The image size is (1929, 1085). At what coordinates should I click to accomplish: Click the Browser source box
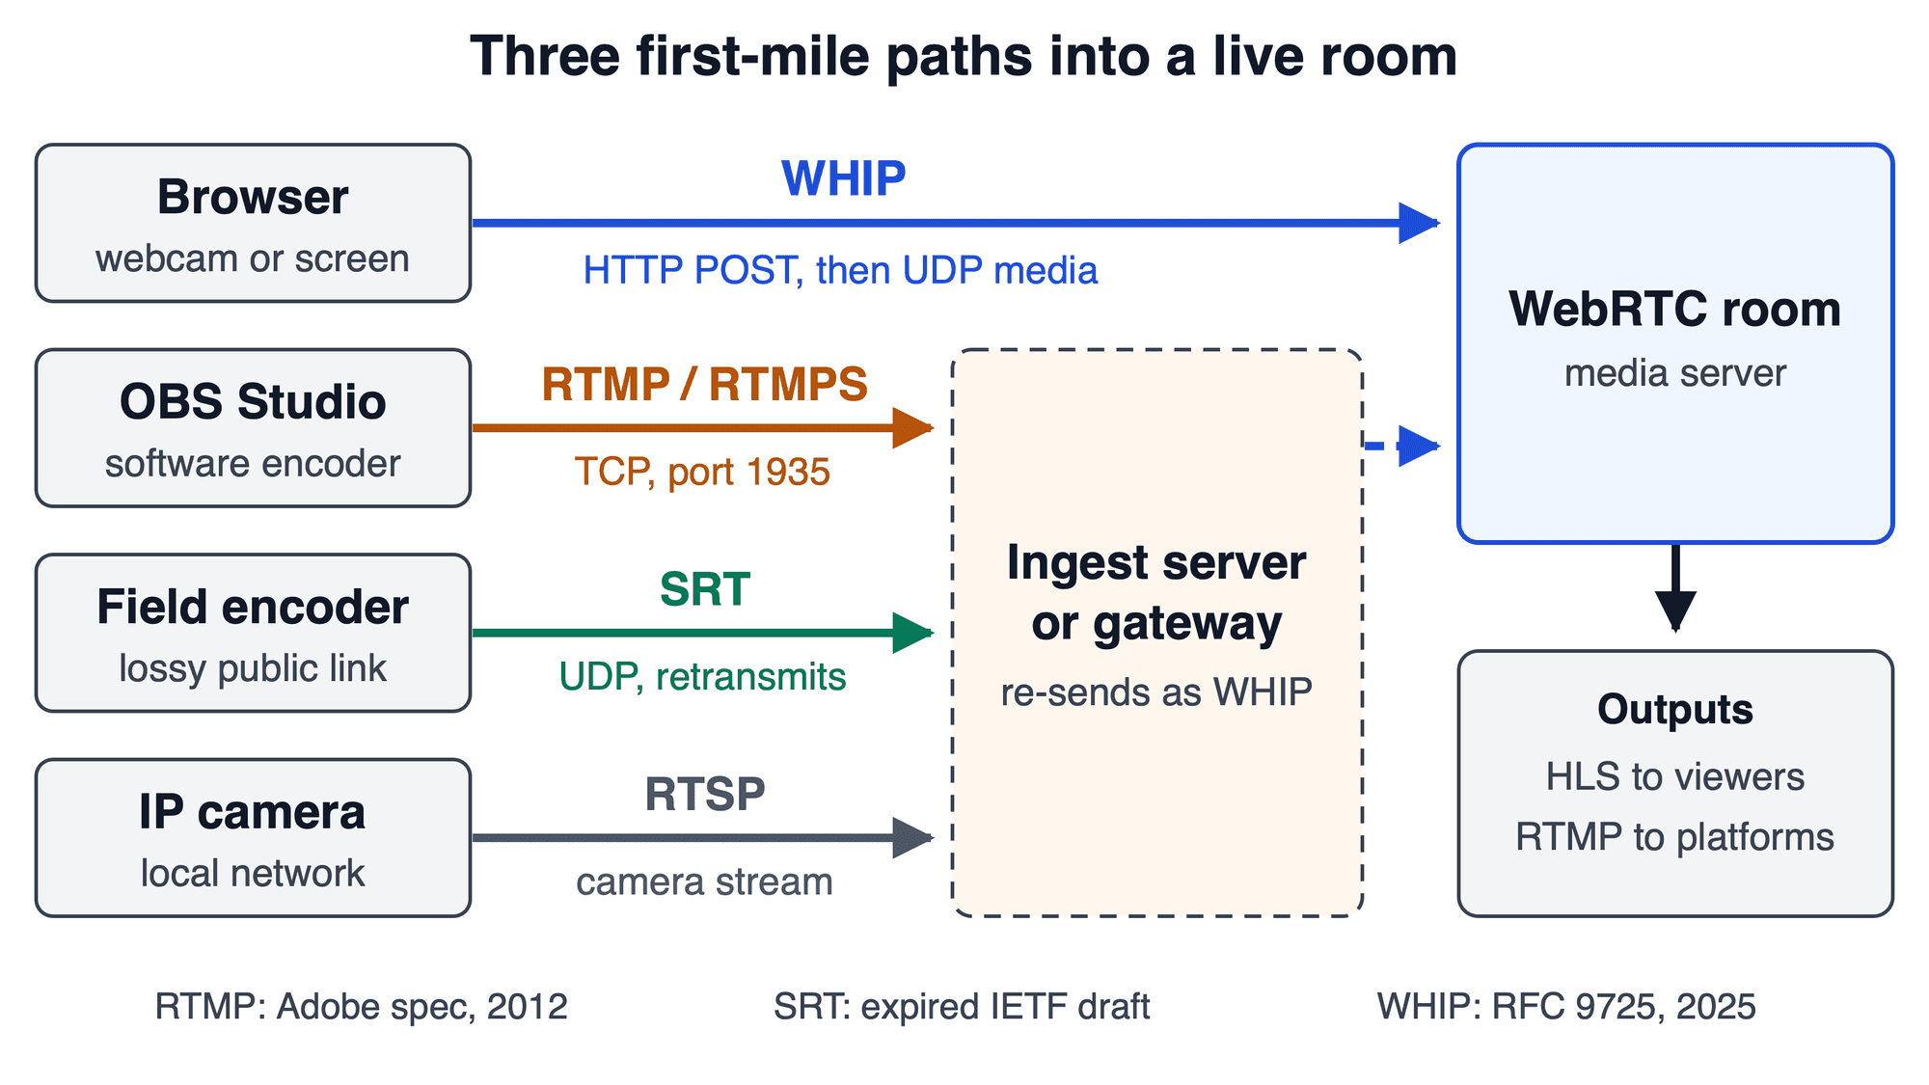click(x=253, y=223)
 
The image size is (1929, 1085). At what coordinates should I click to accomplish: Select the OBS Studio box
click(x=253, y=427)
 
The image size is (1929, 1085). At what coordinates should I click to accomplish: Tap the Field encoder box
click(x=253, y=633)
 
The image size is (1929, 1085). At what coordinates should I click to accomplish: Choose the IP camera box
click(x=253, y=837)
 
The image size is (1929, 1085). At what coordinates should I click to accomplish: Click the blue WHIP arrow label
click(x=844, y=178)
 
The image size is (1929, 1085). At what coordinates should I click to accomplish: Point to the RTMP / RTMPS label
click(x=704, y=384)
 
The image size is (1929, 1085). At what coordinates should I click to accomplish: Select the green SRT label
click(x=705, y=589)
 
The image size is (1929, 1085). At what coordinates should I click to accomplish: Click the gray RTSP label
click(x=705, y=795)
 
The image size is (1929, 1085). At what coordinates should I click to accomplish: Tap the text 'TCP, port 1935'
click(x=702, y=473)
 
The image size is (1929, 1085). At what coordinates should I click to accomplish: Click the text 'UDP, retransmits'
click(x=702, y=677)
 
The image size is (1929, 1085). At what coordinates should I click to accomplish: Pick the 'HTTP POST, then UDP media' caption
click(x=840, y=271)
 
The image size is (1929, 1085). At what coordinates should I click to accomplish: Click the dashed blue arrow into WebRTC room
click(x=1401, y=446)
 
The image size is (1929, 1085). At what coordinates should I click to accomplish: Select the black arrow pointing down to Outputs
click(x=1675, y=587)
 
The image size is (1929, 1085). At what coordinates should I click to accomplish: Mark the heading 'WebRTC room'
click(x=1675, y=310)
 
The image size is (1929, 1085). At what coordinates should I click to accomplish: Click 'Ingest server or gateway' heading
click(x=1156, y=592)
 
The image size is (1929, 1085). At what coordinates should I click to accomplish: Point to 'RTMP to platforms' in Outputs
click(x=1675, y=837)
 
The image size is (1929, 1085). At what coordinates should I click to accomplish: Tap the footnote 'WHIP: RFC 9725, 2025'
click(x=1566, y=1007)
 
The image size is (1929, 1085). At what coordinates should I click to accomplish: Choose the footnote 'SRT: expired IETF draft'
click(x=962, y=1007)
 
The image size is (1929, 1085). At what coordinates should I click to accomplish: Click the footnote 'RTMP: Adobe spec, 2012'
click(x=362, y=1007)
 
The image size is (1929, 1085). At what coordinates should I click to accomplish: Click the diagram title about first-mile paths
click(x=964, y=56)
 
